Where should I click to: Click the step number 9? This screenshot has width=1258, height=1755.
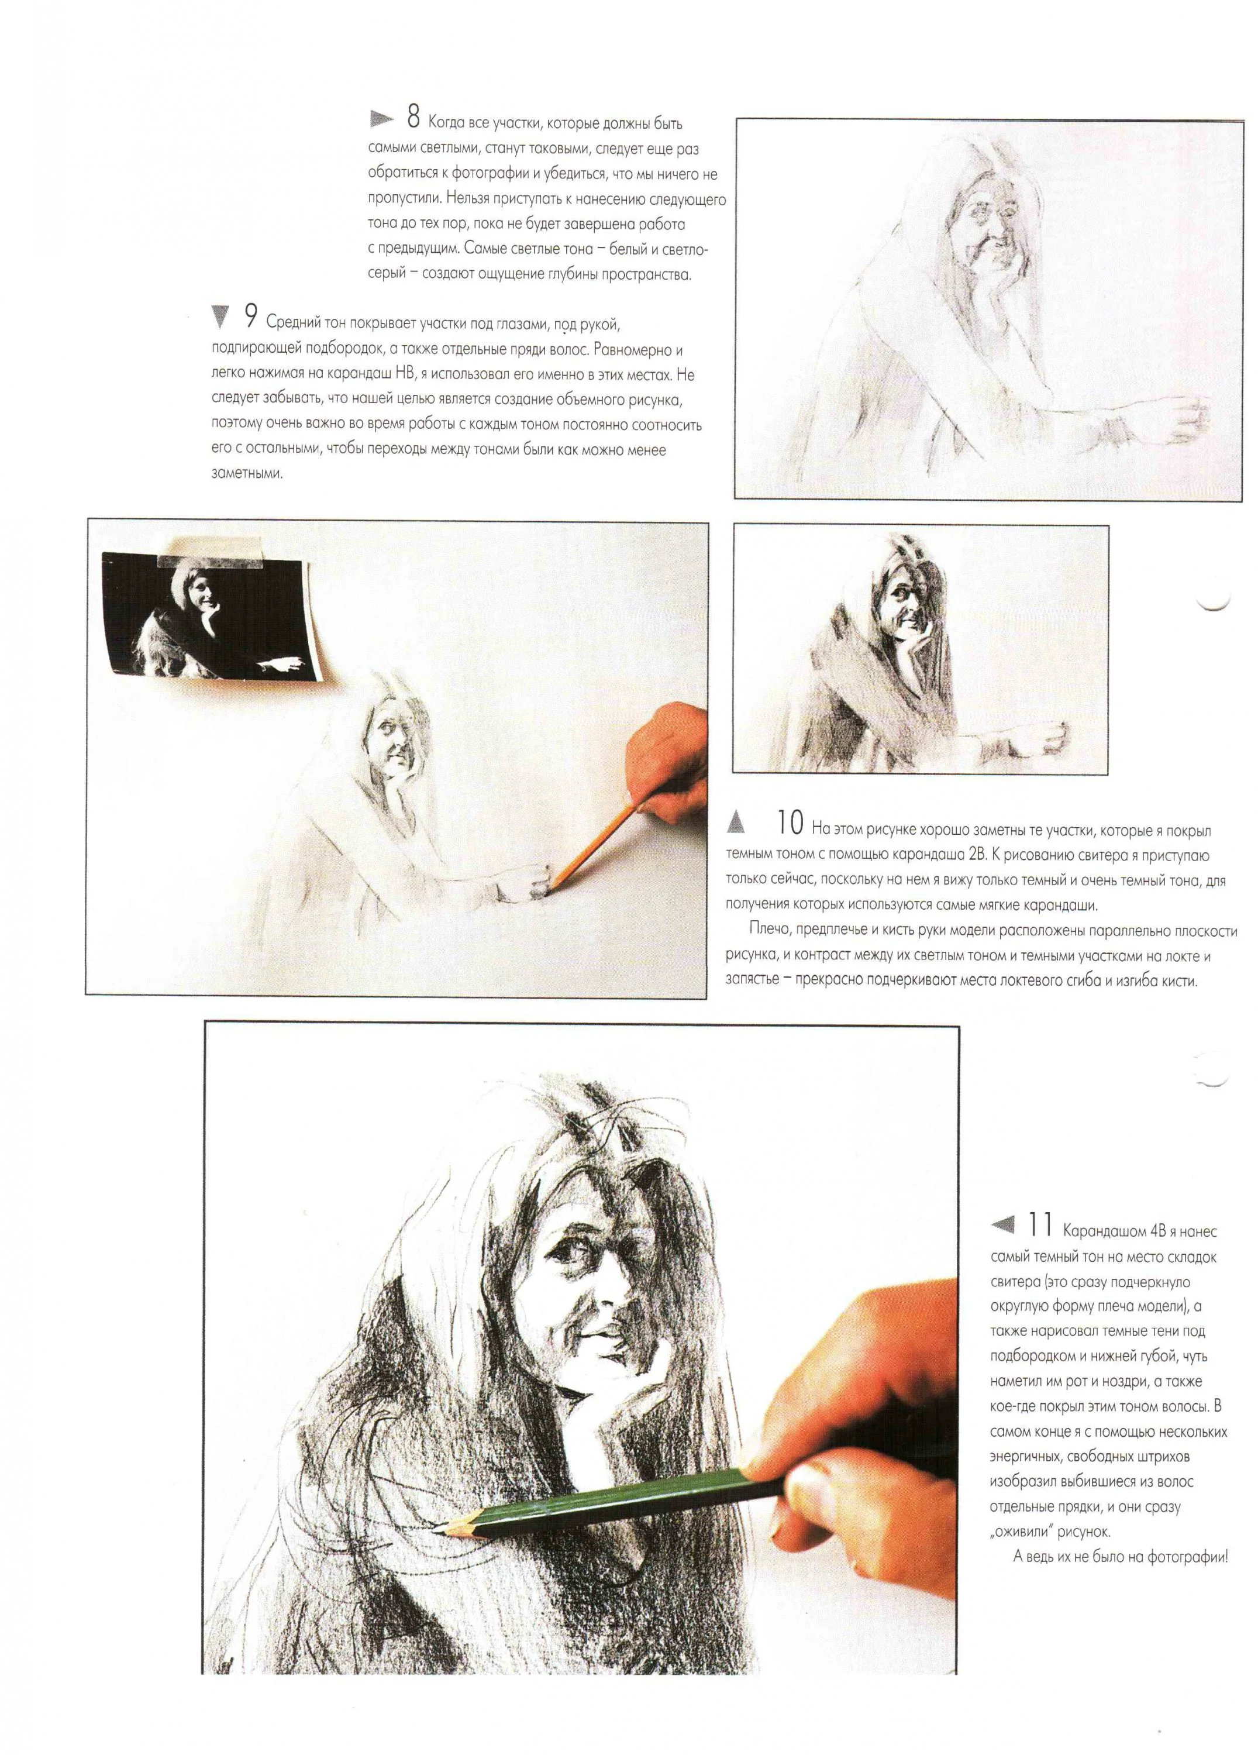coord(251,316)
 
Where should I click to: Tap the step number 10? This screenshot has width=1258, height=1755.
coord(789,823)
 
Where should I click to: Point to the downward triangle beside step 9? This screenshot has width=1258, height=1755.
coord(220,316)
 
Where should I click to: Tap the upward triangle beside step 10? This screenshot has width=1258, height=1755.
coord(736,822)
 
